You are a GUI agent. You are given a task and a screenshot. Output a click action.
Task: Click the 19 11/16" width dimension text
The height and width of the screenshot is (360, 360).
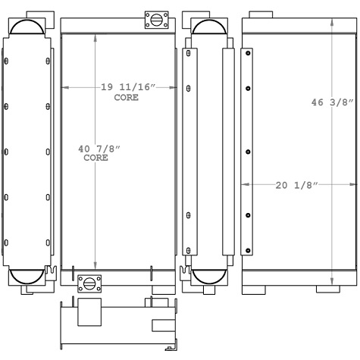(x=127, y=88)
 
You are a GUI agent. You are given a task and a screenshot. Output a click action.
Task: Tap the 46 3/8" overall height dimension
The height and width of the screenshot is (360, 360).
(x=332, y=102)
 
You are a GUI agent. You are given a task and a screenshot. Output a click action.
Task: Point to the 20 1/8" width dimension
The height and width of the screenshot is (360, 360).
(x=292, y=184)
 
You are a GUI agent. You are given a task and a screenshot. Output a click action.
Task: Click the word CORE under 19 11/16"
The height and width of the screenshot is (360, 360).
(x=127, y=98)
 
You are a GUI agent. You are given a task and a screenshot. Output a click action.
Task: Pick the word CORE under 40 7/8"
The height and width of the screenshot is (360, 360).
(x=95, y=158)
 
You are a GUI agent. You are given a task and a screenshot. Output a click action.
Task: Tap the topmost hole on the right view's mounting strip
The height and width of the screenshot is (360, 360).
(x=248, y=53)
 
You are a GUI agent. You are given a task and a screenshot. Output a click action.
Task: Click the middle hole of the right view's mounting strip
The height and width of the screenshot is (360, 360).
(x=248, y=151)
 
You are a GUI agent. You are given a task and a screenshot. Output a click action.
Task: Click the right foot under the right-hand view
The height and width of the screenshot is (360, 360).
(x=339, y=289)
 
